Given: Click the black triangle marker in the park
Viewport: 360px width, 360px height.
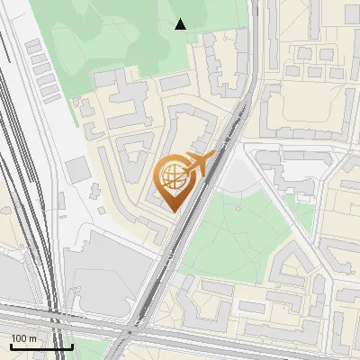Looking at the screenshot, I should point(181,24).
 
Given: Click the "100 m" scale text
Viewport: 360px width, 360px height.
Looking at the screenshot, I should point(24,338).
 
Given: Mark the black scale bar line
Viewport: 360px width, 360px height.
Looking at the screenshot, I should point(41,346).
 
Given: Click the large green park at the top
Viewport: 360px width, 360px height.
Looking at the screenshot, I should point(135,36).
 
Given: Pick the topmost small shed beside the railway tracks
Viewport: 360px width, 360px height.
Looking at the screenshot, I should point(33,45).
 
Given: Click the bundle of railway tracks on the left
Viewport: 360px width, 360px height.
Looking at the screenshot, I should point(22,180).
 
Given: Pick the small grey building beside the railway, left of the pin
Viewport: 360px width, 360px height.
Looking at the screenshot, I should point(77,166).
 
